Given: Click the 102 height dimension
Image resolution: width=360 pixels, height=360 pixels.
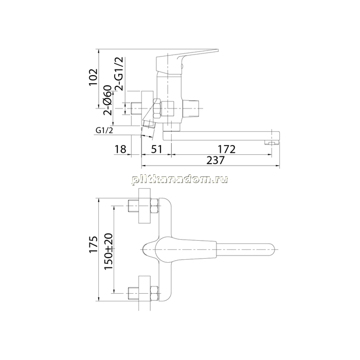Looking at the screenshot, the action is coord(94,77).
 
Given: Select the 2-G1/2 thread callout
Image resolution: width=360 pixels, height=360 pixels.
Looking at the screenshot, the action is coord(119,74).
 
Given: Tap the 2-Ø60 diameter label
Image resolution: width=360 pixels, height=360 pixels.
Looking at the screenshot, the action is coord(107,100).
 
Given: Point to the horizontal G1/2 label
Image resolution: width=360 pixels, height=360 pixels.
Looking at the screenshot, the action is coord(104,131).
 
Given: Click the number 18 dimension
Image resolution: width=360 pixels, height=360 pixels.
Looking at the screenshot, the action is coord(120,149).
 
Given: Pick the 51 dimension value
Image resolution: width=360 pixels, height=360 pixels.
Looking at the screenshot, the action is coord(156,149).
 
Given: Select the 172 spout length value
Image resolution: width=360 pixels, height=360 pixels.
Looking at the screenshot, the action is coord(227,149).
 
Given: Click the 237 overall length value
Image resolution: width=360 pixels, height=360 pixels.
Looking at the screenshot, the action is coord(215,160).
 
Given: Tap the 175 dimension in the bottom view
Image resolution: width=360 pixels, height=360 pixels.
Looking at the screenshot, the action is coord(94,244).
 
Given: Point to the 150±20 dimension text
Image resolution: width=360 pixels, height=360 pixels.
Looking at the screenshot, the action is coord(109,251).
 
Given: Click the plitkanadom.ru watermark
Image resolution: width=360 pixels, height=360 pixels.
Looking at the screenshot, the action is coord(180,179).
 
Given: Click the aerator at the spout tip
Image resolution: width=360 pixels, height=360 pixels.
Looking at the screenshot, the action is coord(272,143).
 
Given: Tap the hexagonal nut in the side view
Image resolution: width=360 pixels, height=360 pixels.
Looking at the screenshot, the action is coord(157,109).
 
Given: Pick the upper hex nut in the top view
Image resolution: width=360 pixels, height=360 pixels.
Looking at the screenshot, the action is coord(154,206).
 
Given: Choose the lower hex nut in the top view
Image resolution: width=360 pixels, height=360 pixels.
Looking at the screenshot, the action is coord(154,293).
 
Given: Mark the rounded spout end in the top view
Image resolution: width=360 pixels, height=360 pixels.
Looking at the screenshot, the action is coord(271,249).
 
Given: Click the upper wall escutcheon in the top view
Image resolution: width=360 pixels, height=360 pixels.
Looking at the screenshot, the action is coord(145,206).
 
